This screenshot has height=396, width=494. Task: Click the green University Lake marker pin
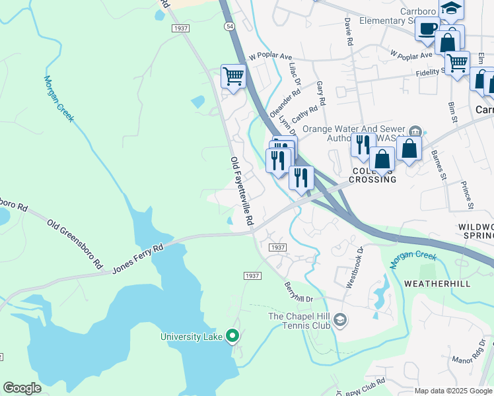click(232, 336)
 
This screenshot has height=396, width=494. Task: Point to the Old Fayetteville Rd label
click(242, 192)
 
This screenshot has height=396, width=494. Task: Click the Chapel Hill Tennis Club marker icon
click(339, 321)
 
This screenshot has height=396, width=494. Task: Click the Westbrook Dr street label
click(355, 267)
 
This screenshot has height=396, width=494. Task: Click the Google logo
click(22, 388)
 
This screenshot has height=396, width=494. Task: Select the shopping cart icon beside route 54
click(232, 77)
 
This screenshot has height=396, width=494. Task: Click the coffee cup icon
click(427, 30)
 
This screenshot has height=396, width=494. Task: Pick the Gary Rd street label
click(321, 94)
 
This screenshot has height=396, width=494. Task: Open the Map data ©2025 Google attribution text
click(452, 391)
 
